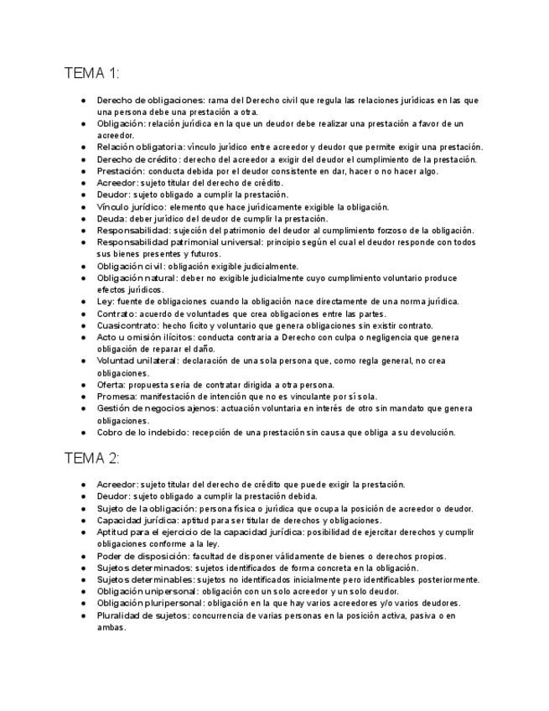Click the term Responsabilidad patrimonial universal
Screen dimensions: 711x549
[179, 242]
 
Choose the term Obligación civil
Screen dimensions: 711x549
[129, 266]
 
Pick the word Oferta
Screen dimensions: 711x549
[110, 385]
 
